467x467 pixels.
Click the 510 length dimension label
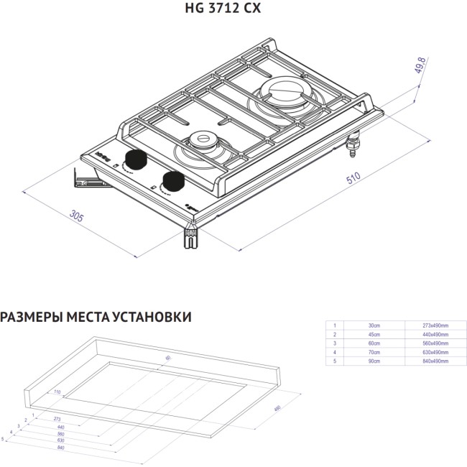(354, 179)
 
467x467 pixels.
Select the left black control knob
(134, 159)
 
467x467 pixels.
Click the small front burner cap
(203, 141)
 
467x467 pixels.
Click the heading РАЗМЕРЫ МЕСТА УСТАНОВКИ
(96, 317)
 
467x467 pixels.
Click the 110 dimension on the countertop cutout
(57, 392)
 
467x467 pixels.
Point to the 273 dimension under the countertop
(57, 418)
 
